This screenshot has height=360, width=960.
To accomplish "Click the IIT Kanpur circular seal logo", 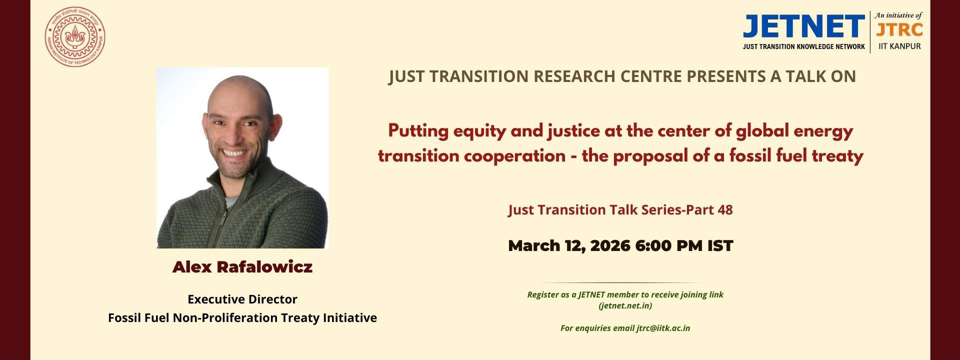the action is [x=75, y=37].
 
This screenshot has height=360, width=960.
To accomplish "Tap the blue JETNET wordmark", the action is [x=804, y=26].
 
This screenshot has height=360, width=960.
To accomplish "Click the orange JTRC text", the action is [x=899, y=30].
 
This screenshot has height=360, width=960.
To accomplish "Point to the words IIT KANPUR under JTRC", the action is [x=899, y=46].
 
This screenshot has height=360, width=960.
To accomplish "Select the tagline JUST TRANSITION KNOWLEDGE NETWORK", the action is [x=804, y=46].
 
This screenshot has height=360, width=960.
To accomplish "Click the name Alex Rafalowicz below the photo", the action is [x=242, y=267].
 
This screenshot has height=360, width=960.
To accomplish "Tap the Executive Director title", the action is [x=242, y=299].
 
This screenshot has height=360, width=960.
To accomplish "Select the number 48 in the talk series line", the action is [x=725, y=209].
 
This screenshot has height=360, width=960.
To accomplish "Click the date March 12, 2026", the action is [x=569, y=246].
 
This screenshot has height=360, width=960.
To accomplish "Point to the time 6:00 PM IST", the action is [x=684, y=245].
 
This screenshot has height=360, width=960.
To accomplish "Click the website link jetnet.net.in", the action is [x=625, y=305].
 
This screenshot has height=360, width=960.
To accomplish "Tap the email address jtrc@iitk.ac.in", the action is [x=663, y=328].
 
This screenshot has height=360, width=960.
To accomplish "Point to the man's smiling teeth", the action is [x=234, y=152].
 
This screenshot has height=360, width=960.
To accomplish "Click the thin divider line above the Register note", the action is [x=620, y=283].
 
